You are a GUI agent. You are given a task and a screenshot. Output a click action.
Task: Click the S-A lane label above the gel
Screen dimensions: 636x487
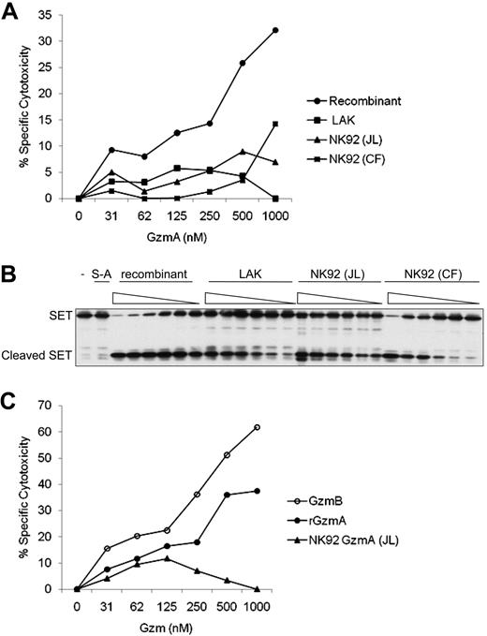tap(99, 275)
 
